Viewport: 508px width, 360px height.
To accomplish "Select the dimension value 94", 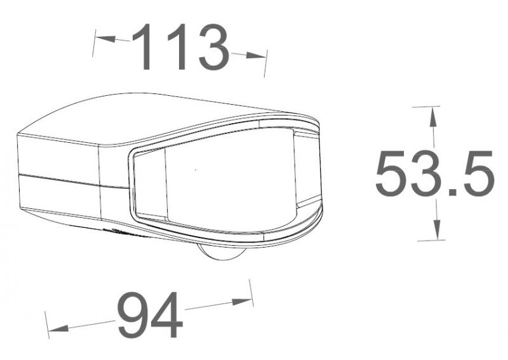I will pos(150,316).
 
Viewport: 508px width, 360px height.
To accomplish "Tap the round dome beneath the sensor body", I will pos(219,254).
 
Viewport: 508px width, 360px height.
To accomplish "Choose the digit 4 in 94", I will pos(167,316).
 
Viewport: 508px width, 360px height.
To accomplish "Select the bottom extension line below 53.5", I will pos(431,240).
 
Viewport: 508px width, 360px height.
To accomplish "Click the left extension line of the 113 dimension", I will pos(95,42).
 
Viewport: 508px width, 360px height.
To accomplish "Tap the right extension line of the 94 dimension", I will pos(251,295).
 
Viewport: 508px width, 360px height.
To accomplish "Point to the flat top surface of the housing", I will pos(159,117).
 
